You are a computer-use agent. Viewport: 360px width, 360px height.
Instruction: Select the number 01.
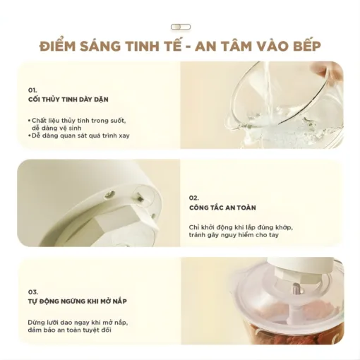click(32, 91)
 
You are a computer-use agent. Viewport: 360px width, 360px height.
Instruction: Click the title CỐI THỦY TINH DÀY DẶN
click(69, 101)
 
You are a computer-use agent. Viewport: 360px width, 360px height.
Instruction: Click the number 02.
click(195, 198)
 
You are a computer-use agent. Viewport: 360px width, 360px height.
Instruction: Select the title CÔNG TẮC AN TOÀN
click(222, 208)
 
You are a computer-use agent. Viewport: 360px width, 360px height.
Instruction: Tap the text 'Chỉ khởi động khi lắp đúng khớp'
click(241, 227)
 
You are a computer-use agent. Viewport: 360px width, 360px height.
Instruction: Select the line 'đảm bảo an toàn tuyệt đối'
click(72, 330)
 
